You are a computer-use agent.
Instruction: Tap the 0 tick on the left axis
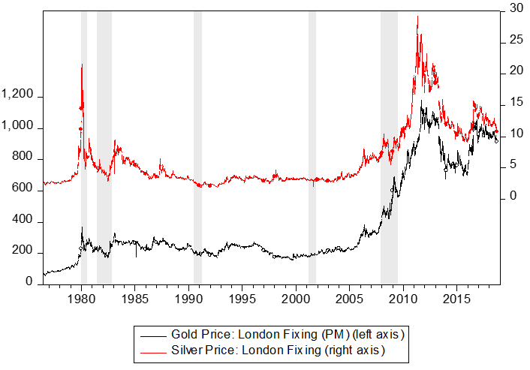[29, 282]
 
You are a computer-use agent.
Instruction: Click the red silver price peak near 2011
[417, 17]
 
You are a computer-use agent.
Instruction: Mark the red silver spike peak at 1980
[82, 65]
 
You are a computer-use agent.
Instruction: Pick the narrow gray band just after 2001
[312, 150]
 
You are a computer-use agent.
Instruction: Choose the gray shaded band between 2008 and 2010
[389, 150]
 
